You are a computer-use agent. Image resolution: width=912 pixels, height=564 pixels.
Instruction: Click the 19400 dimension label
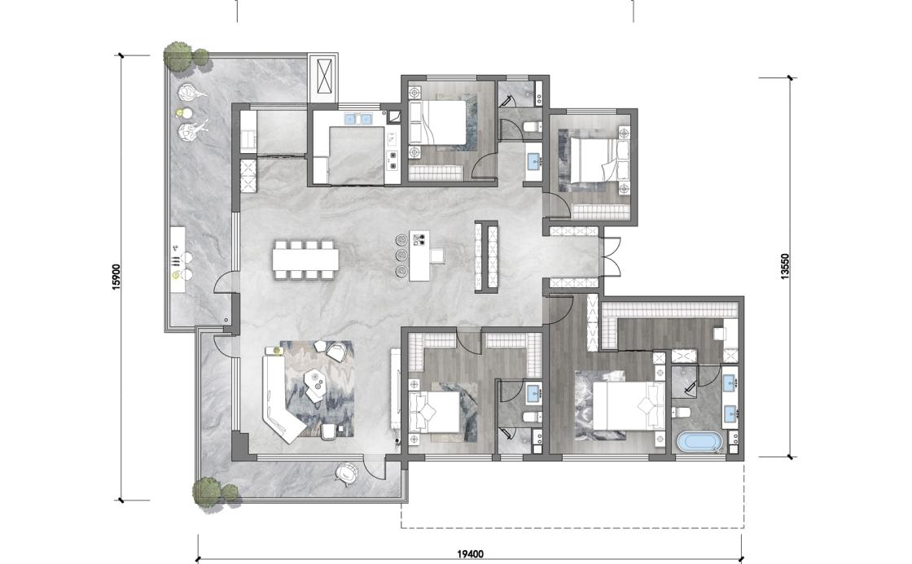[x=470, y=554]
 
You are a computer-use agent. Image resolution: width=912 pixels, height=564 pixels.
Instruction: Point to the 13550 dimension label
[x=785, y=267]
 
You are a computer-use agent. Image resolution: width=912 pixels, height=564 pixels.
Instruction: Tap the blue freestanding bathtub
[x=700, y=442]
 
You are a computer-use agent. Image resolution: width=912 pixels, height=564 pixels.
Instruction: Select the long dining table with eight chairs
[x=305, y=259]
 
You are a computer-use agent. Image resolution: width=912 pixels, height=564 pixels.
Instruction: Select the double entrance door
[x=612, y=256]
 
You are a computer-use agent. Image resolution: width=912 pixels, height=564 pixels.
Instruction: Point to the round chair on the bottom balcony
[x=347, y=472]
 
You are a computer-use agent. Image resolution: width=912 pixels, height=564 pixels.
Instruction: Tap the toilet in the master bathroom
[x=681, y=413]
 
